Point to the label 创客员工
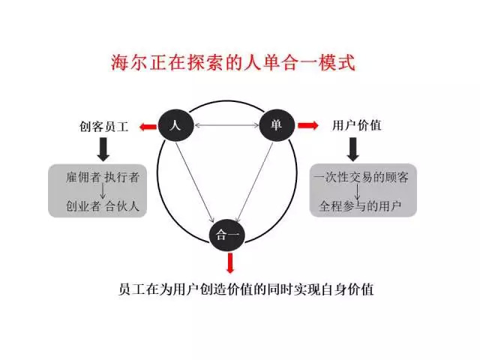tap(104, 127)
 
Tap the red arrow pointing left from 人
tap(146, 126)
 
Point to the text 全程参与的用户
tap(359, 204)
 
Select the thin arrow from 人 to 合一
tap(196, 172)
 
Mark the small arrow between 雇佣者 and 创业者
tap(85, 190)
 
